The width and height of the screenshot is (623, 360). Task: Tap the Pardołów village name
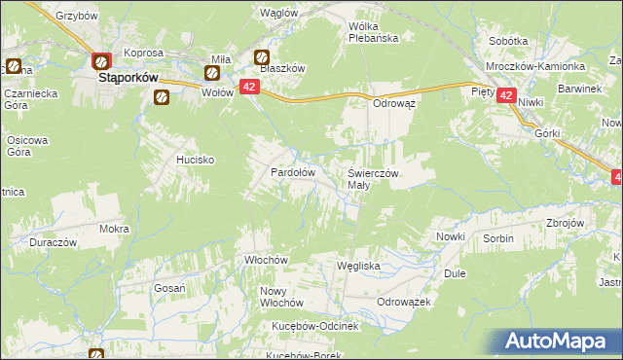[291, 171]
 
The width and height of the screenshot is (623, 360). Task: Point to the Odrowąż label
[394, 102]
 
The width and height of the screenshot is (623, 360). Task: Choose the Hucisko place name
[195, 159]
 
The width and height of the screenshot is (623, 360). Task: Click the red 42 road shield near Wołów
[248, 88]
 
